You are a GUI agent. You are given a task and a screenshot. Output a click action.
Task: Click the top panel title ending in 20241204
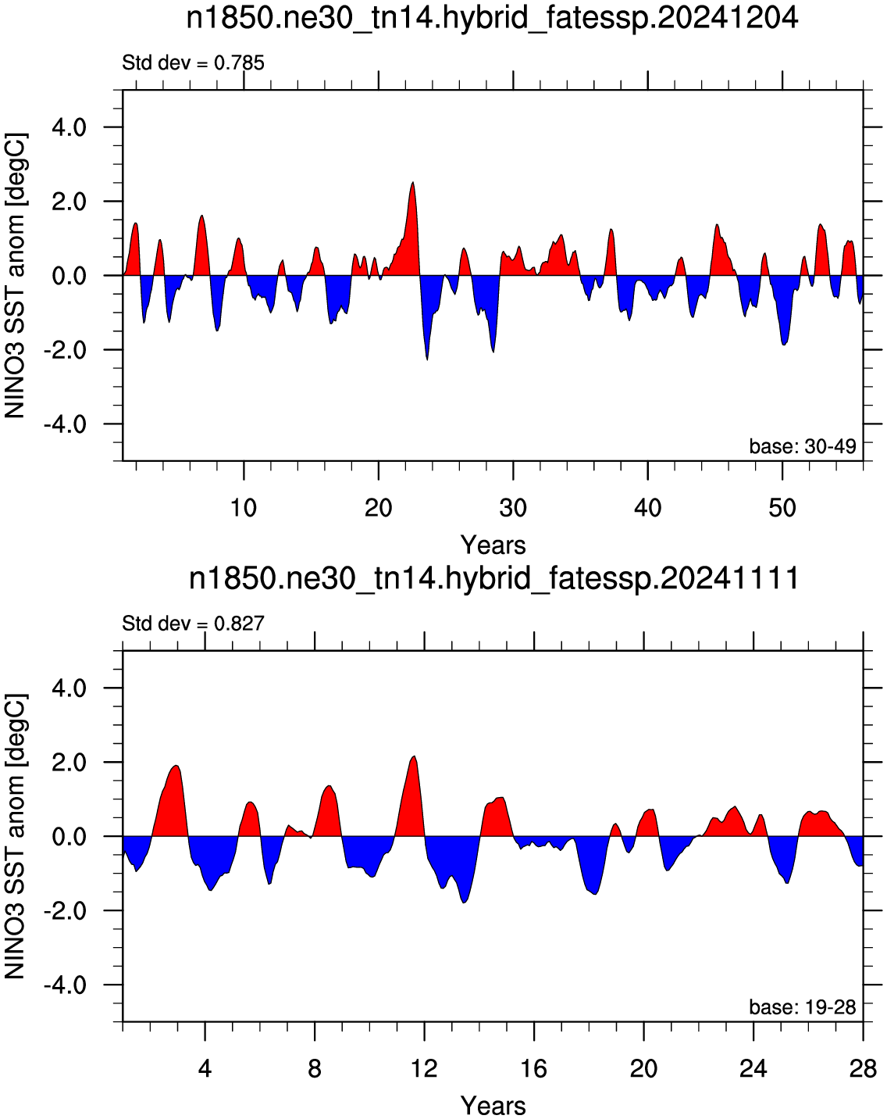pos(492,20)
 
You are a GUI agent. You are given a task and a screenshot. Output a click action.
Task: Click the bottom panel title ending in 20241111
pos(493,579)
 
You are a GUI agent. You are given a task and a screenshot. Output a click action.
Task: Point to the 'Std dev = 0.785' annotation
pos(194,63)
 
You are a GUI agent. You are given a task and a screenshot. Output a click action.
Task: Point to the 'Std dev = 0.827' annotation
pos(194,623)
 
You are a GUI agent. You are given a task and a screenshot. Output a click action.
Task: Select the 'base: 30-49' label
pos(803,446)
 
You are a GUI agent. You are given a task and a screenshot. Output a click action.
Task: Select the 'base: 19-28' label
pos(803,1007)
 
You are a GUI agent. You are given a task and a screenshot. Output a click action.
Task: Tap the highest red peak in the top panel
pos(412,183)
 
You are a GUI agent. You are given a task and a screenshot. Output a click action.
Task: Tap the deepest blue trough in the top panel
pos(427,359)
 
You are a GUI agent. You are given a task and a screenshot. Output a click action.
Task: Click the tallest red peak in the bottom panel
pos(414,756)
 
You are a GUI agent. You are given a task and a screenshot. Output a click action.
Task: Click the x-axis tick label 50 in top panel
pos(782,507)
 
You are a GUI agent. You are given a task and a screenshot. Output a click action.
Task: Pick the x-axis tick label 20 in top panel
pos(378,507)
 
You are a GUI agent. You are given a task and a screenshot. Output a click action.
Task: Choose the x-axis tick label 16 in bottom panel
pos(533,1068)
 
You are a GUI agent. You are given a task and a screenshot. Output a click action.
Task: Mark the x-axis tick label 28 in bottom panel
pos(863,1068)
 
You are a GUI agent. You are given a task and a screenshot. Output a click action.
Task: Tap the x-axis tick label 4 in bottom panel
pos(205,1068)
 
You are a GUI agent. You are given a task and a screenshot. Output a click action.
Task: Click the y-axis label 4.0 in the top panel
pos(69,127)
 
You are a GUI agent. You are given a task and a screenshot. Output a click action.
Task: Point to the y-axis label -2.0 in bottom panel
pos(65,911)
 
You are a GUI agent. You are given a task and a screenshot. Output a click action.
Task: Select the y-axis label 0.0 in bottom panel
pos(69,837)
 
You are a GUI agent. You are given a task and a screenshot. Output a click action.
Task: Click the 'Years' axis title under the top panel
pos(493,545)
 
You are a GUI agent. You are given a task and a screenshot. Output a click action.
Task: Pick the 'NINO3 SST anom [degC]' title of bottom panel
pos(15,836)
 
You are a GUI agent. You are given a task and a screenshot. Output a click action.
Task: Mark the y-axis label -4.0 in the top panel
pos(65,424)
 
